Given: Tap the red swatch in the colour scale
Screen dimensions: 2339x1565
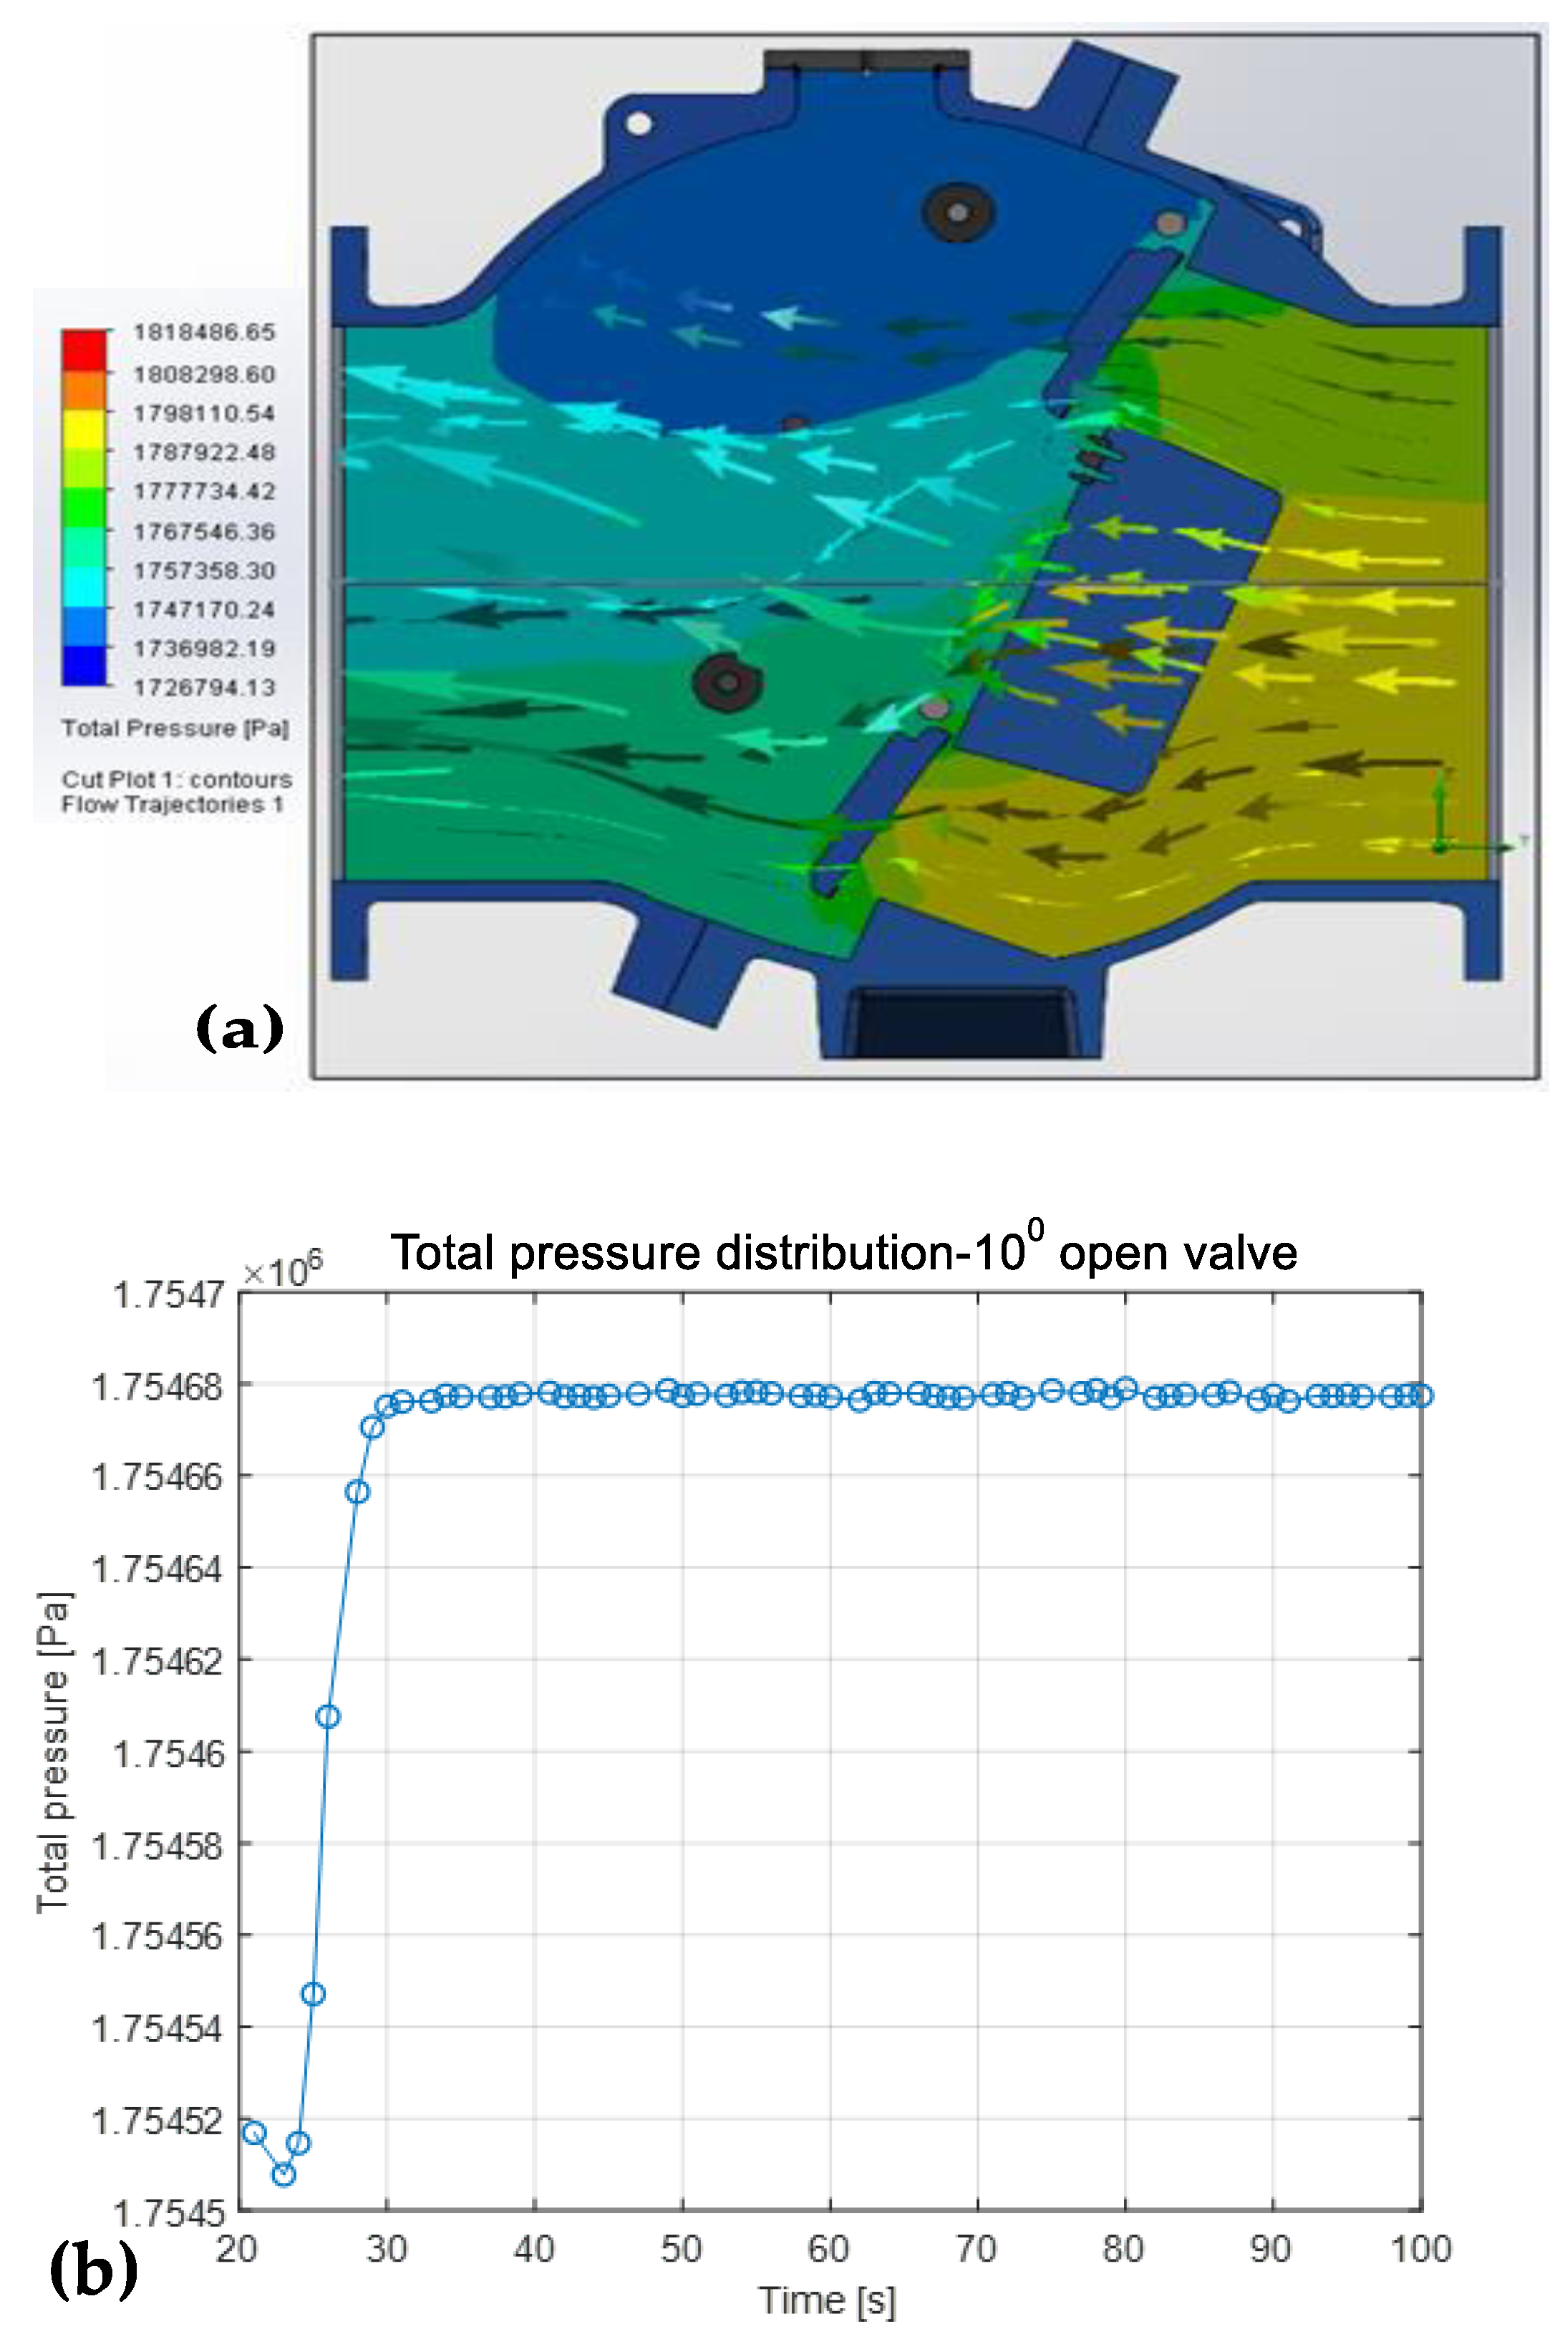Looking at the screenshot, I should pos(84,349).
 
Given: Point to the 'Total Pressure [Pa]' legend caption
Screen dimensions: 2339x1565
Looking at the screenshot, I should pos(175,728).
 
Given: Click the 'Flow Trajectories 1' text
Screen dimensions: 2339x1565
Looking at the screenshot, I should pos(172,804).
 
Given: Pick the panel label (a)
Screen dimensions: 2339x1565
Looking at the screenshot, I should pos(240,1028).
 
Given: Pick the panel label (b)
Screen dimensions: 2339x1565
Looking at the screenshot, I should pos(93,2268).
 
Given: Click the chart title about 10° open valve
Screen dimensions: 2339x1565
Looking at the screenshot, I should pos(843,1251).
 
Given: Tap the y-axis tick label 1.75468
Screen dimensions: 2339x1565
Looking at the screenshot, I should pos(157,1387).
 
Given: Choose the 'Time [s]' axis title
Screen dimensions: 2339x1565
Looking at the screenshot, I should pos(828,2300).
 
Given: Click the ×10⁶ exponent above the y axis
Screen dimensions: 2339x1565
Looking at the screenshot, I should pos(283,1272).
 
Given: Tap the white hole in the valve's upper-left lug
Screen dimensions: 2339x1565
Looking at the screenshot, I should pos(640,124).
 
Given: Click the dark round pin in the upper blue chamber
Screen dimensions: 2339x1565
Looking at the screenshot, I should pos(957,211).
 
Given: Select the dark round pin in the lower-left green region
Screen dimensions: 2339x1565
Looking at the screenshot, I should pos(727,682).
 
